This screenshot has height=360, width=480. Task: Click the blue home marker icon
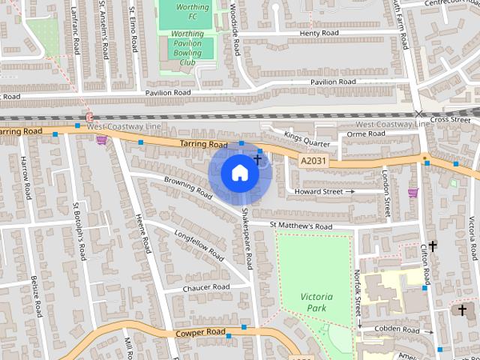[239, 173]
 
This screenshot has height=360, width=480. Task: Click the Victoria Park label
[316, 302]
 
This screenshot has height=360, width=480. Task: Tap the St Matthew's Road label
[301, 226]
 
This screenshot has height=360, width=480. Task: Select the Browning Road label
[189, 187]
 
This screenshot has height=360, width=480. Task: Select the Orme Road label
[366, 133]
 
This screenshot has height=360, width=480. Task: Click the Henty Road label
[319, 34]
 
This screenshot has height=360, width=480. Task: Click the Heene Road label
[143, 232]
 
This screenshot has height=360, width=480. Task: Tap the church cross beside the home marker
[257, 159]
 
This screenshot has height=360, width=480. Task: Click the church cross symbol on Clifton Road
[432, 245]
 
